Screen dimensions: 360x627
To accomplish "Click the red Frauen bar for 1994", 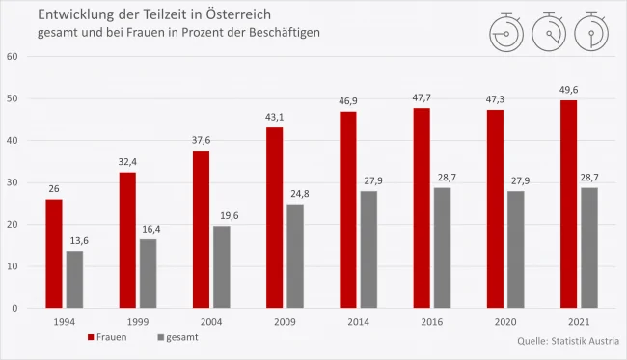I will pyautogui.click(x=53, y=254).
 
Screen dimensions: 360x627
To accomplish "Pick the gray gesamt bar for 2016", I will pyautogui.click(x=442, y=248).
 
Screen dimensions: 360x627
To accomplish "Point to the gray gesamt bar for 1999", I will pyautogui.click(x=148, y=273).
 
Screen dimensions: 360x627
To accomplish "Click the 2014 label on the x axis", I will pyautogui.click(x=357, y=323).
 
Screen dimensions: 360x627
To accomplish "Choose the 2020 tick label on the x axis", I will pyautogui.click(x=504, y=323).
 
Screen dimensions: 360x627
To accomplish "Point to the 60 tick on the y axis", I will pyautogui.click(x=13, y=56).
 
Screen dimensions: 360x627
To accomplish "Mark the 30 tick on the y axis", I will pyautogui.click(x=13, y=182).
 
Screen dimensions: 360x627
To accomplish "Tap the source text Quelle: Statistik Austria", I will pyautogui.click(x=568, y=341).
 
